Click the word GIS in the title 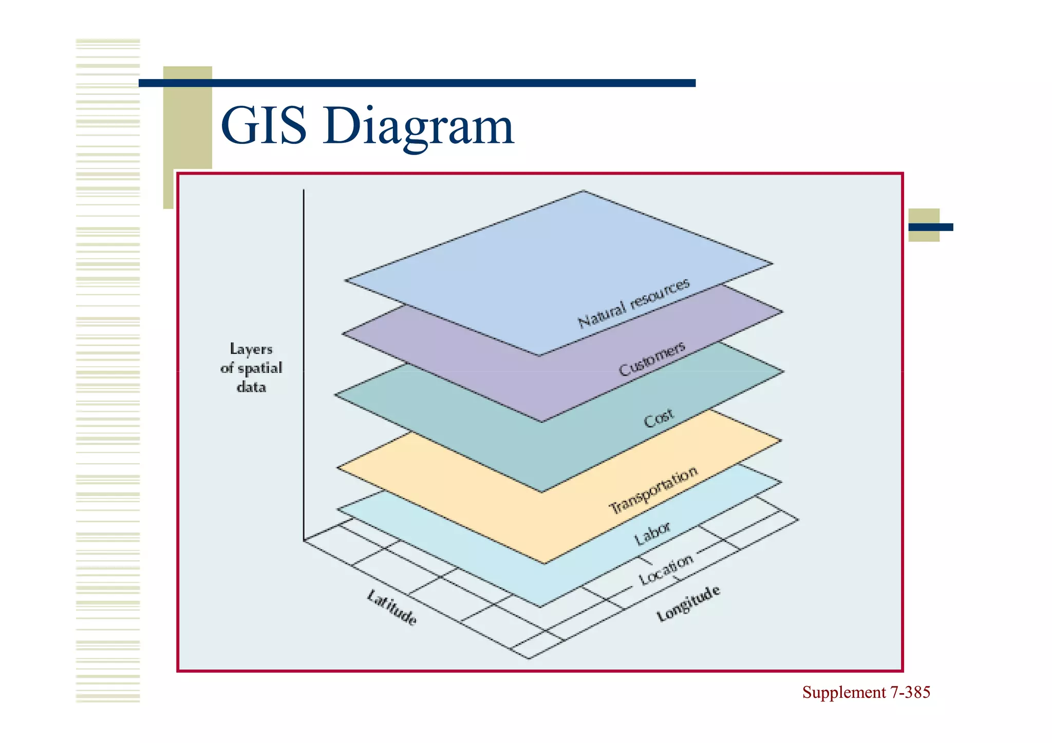coord(264,126)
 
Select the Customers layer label coord(651,358)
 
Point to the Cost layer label coord(658,418)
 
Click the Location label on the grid coord(666,569)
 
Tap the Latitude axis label coord(391,607)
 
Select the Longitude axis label coord(688,603)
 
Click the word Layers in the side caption coord(251,349)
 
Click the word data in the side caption coord(251,387)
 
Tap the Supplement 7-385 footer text coord(866,692)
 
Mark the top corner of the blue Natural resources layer coord(583,192)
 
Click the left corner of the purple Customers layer coord(344,334)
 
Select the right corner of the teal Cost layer coord(783,372)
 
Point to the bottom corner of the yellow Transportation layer coord(544,563)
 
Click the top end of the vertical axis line coord(304,190)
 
